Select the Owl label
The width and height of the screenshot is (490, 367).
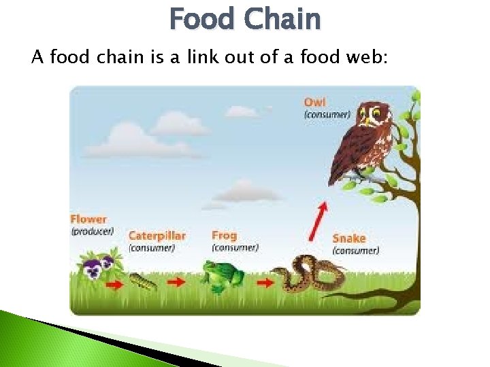coord(314,103)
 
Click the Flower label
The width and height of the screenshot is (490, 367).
coord(88,220)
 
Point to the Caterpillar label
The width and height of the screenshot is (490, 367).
coord(157,236)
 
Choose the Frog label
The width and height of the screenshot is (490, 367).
coord(225,235)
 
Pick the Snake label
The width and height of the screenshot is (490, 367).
coord(349,239)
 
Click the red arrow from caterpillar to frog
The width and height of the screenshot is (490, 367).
coord(176,281)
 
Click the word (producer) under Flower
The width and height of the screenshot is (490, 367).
coord(92,232)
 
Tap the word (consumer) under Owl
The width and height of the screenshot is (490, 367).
coord(327,114)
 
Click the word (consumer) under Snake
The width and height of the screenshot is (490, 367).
coord(355,251)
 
